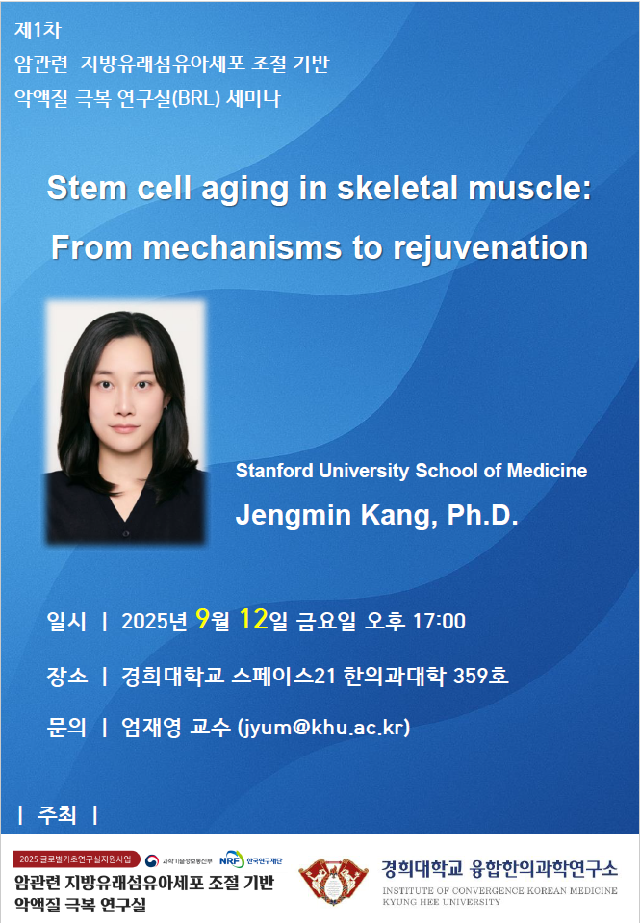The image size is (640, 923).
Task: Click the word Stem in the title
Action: [86, 189]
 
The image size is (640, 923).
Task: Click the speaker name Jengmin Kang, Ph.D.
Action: [377, 515]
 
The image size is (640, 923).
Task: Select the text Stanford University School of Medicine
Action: [411, 471]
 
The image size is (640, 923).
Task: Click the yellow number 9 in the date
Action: [202, 619]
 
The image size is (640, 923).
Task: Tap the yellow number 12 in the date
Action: [254, 619]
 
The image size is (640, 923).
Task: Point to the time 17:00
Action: [439, 621]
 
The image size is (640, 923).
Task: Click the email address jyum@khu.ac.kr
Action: [323, 728]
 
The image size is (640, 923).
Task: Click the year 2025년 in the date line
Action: [154, 621]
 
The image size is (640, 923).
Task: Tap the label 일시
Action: [66, 621]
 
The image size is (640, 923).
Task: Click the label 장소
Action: [66, 676]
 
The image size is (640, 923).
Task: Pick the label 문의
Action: [66, 728]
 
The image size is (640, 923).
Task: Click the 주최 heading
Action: [57, 814]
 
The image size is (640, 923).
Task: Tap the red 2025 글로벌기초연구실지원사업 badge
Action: [76, 859]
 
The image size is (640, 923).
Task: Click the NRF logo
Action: [232, 859]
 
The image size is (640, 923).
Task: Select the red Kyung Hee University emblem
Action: [333, 882]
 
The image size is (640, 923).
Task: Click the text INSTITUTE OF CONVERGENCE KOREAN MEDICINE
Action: [499, 890]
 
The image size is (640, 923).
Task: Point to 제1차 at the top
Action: [38, 31]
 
